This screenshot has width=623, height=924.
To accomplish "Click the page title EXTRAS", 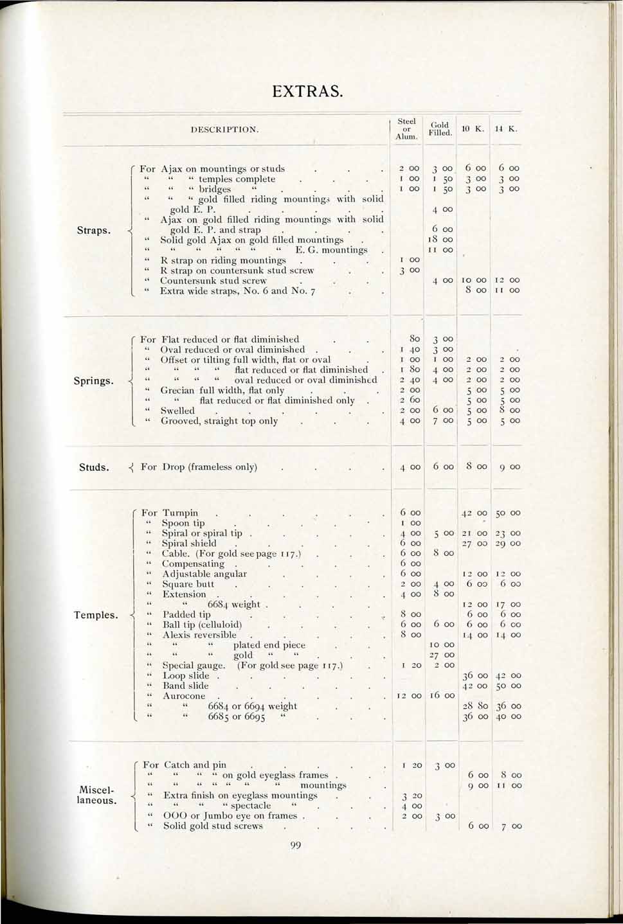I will coord(307,91).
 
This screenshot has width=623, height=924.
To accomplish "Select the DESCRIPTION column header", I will coord(225,129).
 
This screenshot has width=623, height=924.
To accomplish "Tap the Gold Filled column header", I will coord(440,129).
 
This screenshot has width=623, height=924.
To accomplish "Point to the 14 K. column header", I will coord(507,129).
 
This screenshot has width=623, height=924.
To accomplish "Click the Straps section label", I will coord(94,230).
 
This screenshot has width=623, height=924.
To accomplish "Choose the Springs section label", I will coord(93,380).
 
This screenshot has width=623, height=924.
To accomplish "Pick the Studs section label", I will coord(94,467).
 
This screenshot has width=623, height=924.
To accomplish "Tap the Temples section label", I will coord(96,615).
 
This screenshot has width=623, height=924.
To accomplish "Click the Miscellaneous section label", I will coord(96,795).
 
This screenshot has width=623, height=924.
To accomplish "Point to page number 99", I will coord(296,846).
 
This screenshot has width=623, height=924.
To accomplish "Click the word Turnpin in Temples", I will coord(180,513).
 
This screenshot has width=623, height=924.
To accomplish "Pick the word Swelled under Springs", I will coord(177,411).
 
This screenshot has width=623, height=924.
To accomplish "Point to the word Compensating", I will coord(193,564).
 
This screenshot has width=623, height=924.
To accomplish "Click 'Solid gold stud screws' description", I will coord(213,826).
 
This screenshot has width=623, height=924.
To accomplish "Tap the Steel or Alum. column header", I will coord(406,129).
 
